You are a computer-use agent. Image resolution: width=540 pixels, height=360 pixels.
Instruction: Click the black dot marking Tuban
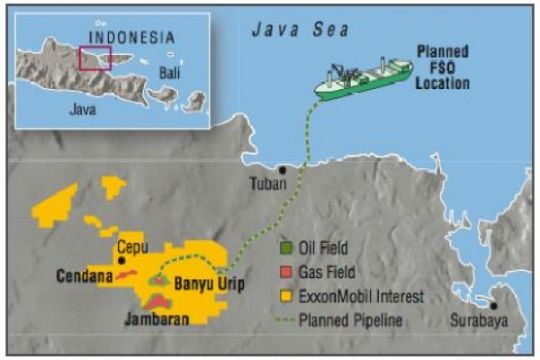click(284, 170)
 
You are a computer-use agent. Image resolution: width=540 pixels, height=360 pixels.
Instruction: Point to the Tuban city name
click(268, 185)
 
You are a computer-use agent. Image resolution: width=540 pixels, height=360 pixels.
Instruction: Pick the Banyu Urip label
click(210, 282)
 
